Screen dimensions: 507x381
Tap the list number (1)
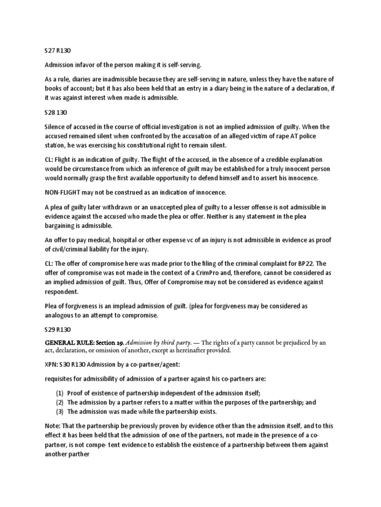coord(60,394)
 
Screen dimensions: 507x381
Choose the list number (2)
coord(60,403)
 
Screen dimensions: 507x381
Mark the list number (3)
coord(60,411)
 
